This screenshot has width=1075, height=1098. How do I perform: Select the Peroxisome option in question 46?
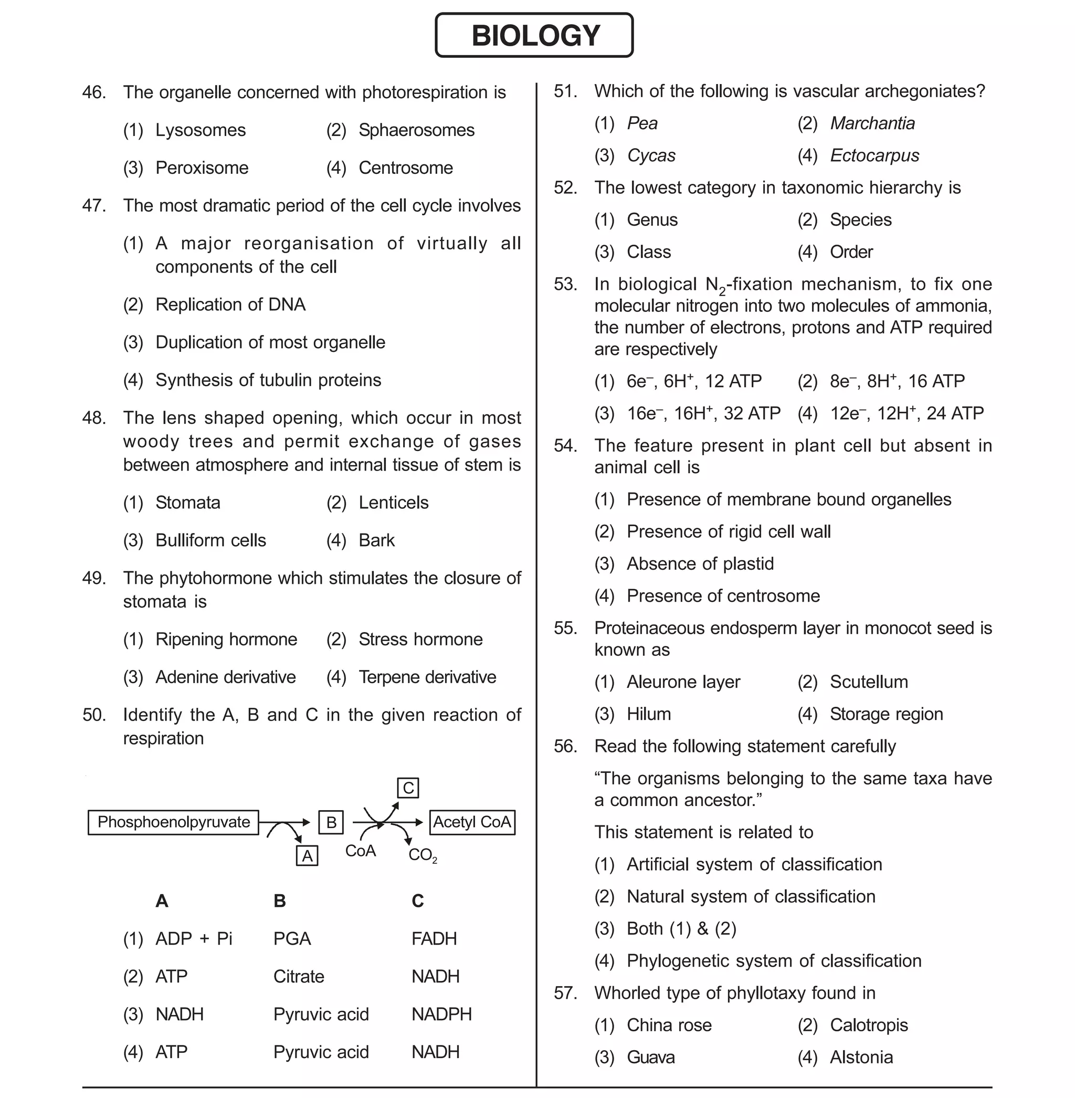[202, 168]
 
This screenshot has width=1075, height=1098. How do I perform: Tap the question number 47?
[94, 206]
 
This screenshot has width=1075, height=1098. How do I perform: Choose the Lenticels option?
[393, 502]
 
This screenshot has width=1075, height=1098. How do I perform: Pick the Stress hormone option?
[420, 639]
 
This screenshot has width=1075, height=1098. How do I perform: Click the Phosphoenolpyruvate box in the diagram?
[173, 822]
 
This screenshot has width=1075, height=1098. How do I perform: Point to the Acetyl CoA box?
[472, 822]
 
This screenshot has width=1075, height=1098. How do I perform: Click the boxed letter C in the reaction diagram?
[408, 787]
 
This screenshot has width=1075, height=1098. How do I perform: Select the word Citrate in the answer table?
[299, 976]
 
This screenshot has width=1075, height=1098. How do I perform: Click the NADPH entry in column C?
[441, 1014]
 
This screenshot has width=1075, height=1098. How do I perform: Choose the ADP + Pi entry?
[194, 938]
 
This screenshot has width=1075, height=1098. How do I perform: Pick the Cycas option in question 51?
[651, 155]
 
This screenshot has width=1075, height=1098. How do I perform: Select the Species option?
[860, 219]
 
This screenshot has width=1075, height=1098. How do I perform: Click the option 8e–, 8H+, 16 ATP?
[897, 381]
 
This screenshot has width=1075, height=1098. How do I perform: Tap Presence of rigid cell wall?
[729, 531]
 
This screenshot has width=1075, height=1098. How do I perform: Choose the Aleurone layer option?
[683, 682]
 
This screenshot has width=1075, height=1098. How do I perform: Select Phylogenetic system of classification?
[774, 961]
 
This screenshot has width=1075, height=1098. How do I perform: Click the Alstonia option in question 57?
[861, 1058]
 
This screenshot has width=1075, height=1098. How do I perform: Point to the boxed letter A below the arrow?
[307, 856]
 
